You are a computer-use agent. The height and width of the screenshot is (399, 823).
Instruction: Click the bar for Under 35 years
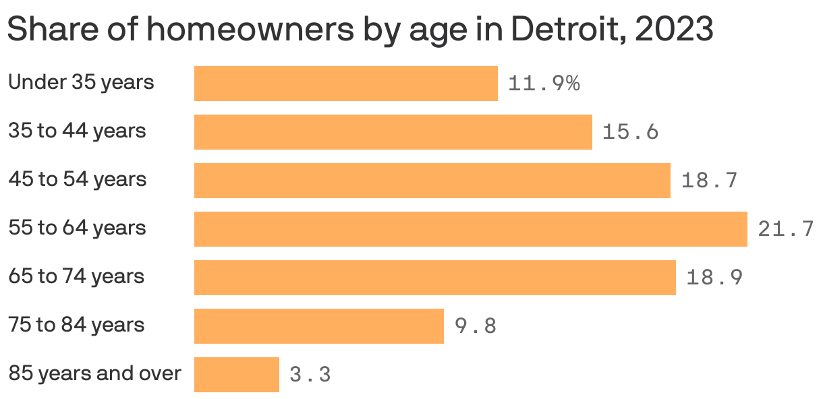(x=345, y=84)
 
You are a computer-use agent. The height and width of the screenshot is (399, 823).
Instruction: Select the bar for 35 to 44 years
(x=393, y=132)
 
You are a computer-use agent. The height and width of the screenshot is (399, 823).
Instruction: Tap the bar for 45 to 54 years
(x=432, y=181)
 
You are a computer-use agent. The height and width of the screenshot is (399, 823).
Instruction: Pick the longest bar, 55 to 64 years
(x=470, y=229)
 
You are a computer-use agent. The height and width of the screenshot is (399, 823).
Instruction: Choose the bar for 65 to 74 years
(x=434, y=278)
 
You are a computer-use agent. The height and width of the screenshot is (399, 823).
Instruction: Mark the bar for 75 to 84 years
(x=318, y=326)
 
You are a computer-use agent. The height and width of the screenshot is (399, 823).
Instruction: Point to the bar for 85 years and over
(x=236, y=375)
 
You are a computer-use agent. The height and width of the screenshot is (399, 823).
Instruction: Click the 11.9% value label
(x=544, y=84)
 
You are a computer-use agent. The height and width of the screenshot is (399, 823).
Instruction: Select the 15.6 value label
(x=630, y=132)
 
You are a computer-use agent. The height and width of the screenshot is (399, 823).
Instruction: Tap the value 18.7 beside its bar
(x=709, y=181)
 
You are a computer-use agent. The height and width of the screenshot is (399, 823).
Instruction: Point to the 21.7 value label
(x=786, y=230)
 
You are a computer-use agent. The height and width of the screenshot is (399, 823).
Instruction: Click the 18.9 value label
(x=714, y=278)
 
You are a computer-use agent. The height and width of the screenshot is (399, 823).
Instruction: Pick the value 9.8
(x=476, y=326)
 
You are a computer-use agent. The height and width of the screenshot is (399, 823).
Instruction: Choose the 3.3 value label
(x=310, y=375)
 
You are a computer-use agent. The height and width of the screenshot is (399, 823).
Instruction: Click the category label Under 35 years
(x=81, y=82)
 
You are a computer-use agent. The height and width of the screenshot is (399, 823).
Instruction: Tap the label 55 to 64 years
(x=77, y=228)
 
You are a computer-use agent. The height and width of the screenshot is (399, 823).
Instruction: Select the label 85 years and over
(x=94, y=373)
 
